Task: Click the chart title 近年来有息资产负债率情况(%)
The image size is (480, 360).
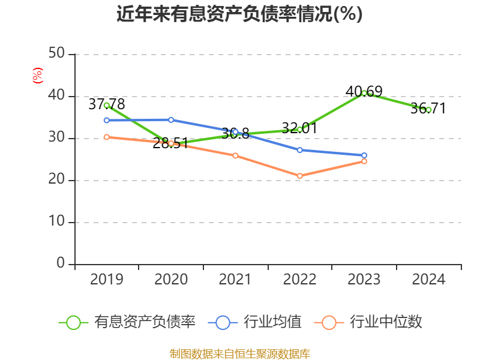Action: [239, 14]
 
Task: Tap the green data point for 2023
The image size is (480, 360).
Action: [364, 93]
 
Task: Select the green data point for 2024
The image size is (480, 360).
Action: [428, 110]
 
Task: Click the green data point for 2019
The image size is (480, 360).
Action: [107, 105]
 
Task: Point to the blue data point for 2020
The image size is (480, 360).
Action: [171, 120]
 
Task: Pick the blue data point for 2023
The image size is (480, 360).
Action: [364, 155]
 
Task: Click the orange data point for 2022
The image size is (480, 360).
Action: [300, 176]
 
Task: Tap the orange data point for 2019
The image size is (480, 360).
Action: [107, 137]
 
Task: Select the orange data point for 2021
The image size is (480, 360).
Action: [235, 155]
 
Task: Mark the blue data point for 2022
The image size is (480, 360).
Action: [300, 150]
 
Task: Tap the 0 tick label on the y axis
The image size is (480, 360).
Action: [61, 264]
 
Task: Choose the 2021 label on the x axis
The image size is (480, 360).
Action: [235, 280]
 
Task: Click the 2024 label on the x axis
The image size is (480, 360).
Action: [428, 280]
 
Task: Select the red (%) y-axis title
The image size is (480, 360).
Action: [38, 76]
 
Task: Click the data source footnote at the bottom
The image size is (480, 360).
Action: [239, 353]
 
